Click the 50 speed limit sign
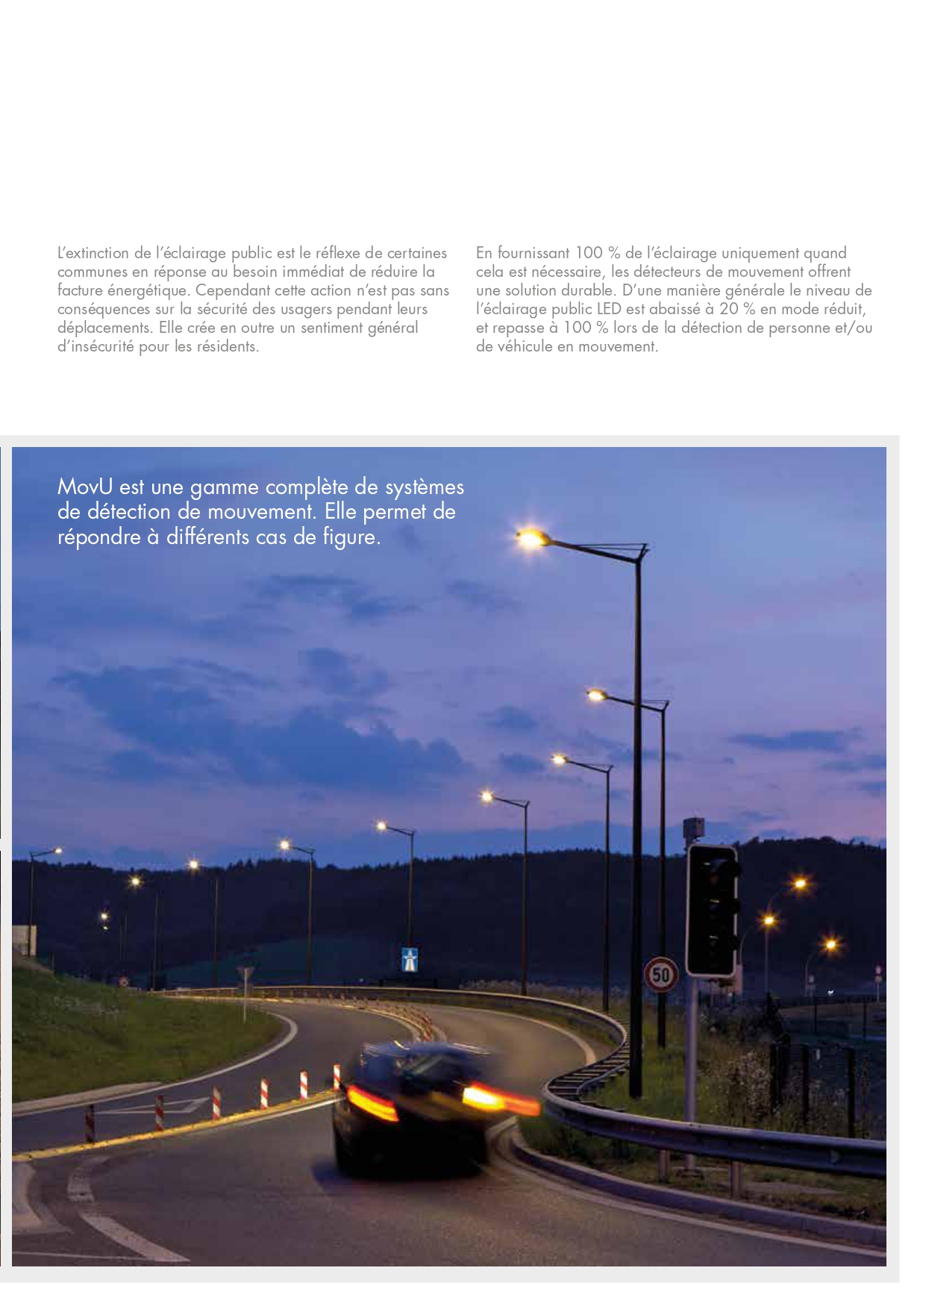coord(661,974)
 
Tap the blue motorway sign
coord(410,959)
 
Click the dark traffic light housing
coord(713,910)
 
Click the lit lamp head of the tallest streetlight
coord(531,537)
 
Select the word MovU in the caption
coord(84,487)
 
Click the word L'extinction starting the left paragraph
coord(94,253)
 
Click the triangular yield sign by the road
coord(245,975)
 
